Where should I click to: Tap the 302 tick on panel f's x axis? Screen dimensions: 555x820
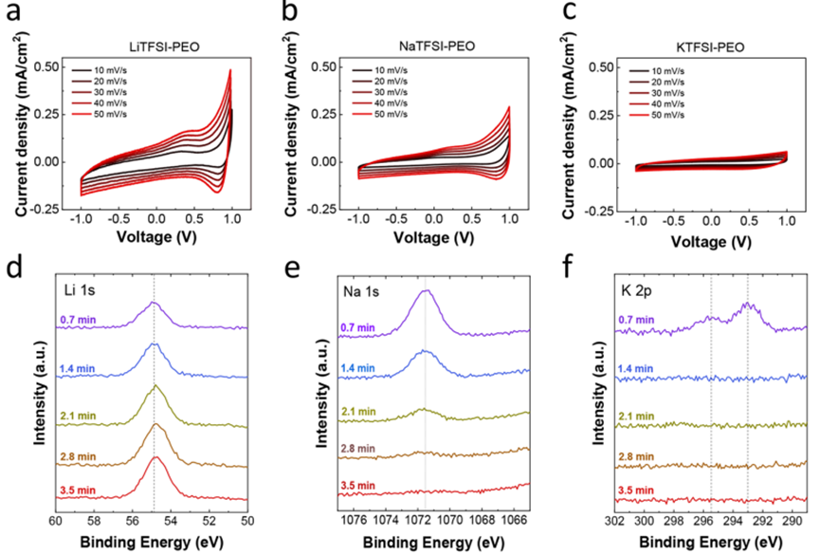pyautogui.click(x=614, y=521)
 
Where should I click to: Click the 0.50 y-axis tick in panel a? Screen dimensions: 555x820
pyautogui.click(x=45, y=67)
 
